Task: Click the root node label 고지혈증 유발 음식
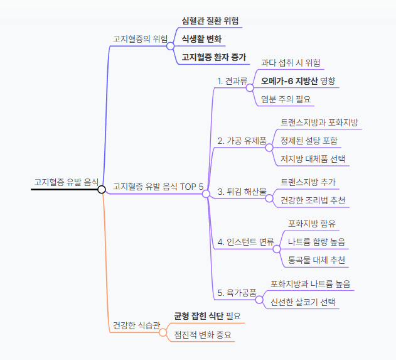pyautogui.click(x=66, y=182)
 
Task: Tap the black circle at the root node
pyautogui.click(x=101, y=188)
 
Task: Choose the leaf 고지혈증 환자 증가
pyautogui.click(x=213, y=57)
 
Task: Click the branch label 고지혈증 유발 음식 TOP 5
pyautogui.click(x=158, y=187)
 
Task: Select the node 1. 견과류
pyautogui.click(x=232, y=80)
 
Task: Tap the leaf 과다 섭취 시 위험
pyautogui.click(x=291, y=62)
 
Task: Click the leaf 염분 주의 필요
pyautogui.click(x=286, y=99)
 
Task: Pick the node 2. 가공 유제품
pyautogui.click(x=241, y=141)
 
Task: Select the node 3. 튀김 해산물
pyautogui.click(x=242, y=191)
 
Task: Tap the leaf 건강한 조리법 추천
pyautogui.click(x=313, y=200)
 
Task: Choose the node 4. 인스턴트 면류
pyautogui.click(x=245, y=241)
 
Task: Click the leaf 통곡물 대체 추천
pyautogui.click(x=316, y=259)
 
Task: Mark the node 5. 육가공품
pyautogui.click(x=237, y=292)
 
